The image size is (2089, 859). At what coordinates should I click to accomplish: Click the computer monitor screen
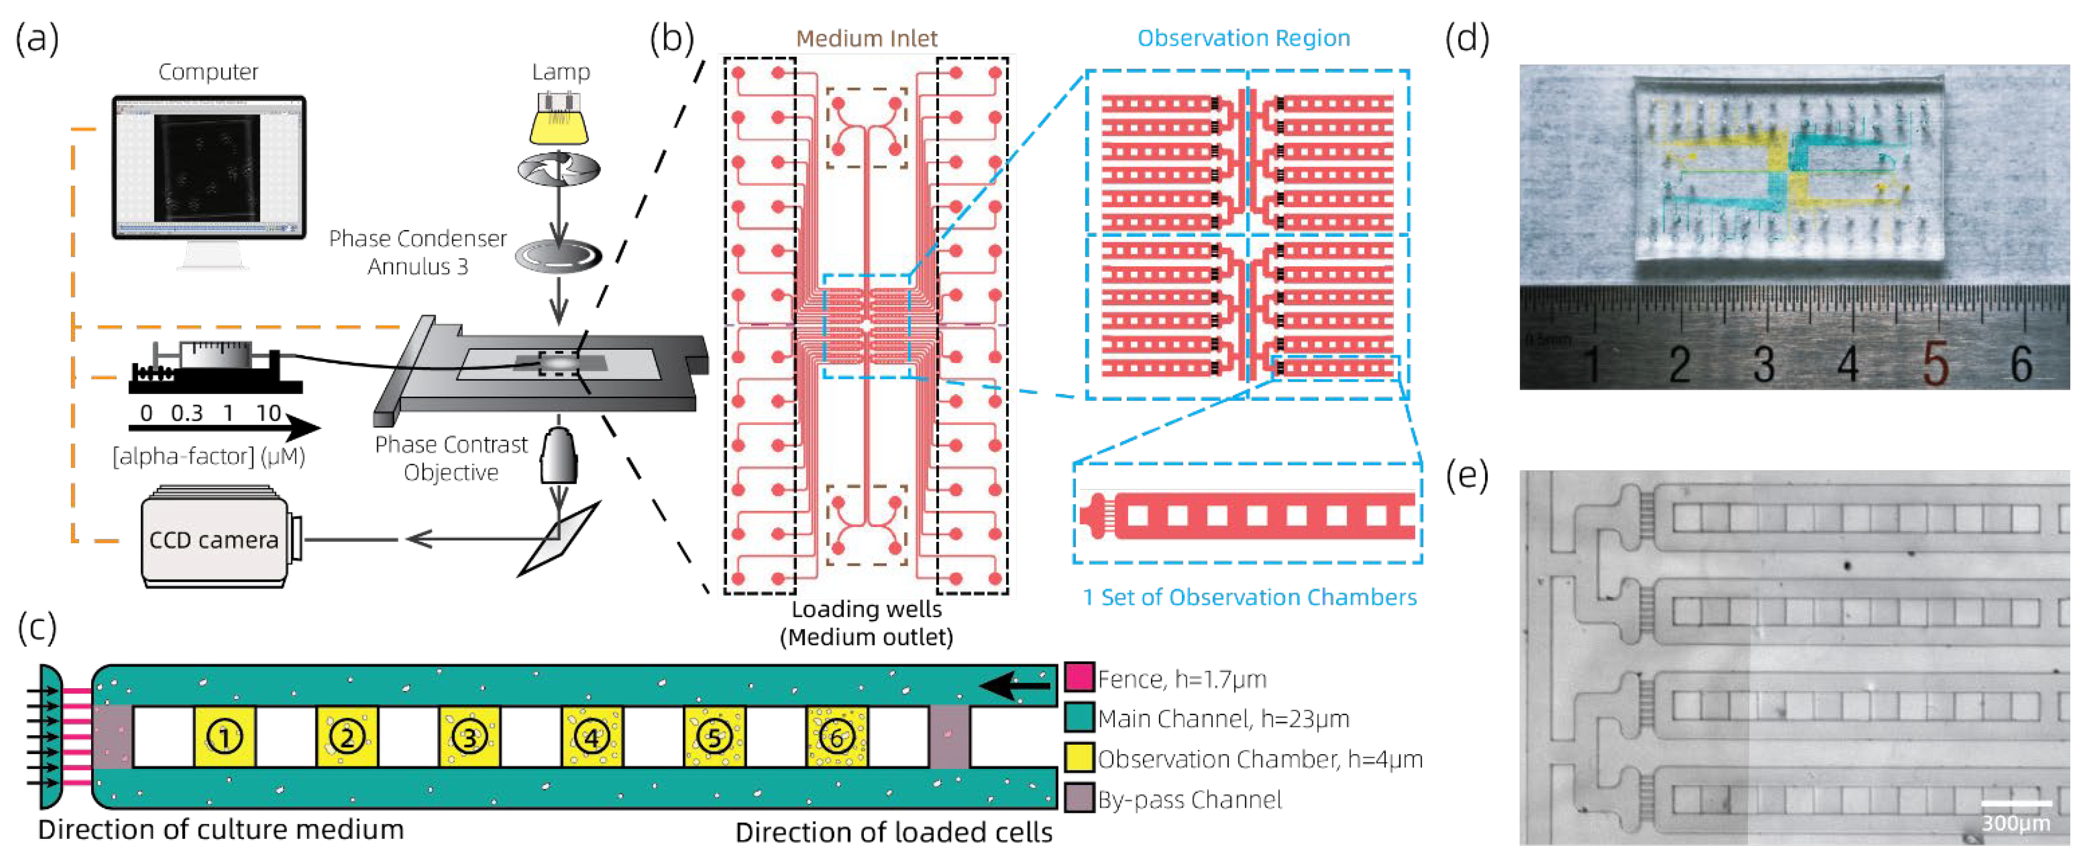point(208,167)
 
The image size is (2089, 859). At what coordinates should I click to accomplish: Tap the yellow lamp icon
point(559,122)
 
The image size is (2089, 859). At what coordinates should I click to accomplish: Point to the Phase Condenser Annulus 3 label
point(417,252)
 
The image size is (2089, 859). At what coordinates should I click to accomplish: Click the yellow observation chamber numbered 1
point(224,736)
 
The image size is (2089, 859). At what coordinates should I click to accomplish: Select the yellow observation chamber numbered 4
point(592,736)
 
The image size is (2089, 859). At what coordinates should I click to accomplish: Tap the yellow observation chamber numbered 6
point(837,736)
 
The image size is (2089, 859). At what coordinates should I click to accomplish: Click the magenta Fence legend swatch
point(1078,677)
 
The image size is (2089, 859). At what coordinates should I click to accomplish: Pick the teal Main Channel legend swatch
point(1078,718)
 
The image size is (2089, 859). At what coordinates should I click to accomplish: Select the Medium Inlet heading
point(866,38)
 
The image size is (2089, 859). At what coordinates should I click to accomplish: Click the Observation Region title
point(1243,38)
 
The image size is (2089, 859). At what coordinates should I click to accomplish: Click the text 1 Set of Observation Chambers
point(1250,597)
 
